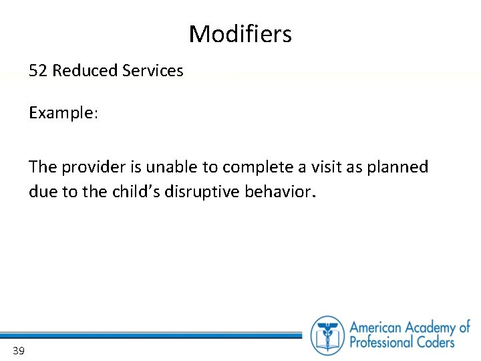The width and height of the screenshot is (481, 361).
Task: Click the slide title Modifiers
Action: pyautogui.click(x=240, y=34)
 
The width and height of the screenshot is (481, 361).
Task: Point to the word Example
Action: pyautogui.click(x=63, y=113)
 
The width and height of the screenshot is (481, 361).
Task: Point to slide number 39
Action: pyautogui.click(x=18, y=350)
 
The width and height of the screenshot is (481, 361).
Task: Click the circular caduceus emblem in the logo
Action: pyautogui.click(x=327, y=335)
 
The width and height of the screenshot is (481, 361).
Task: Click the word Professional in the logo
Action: pyautogui.click(x=383, y=343)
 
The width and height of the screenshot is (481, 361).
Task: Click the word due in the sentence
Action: pyautogui.click(x=39, y=193)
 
